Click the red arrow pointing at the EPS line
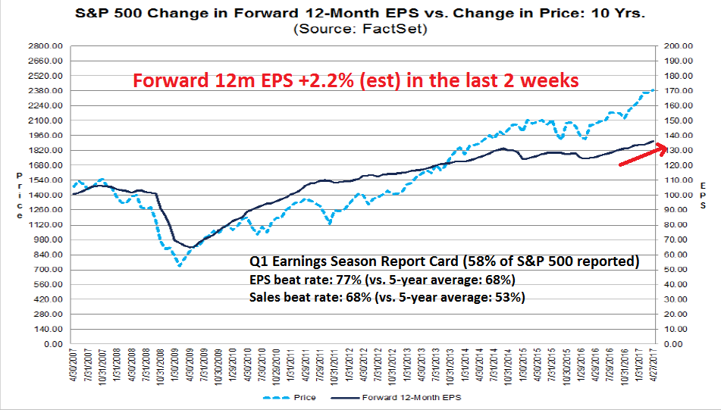tap(643, 155)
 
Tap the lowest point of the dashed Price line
tap(180, 265)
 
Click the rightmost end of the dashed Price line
tap(654, 90)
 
